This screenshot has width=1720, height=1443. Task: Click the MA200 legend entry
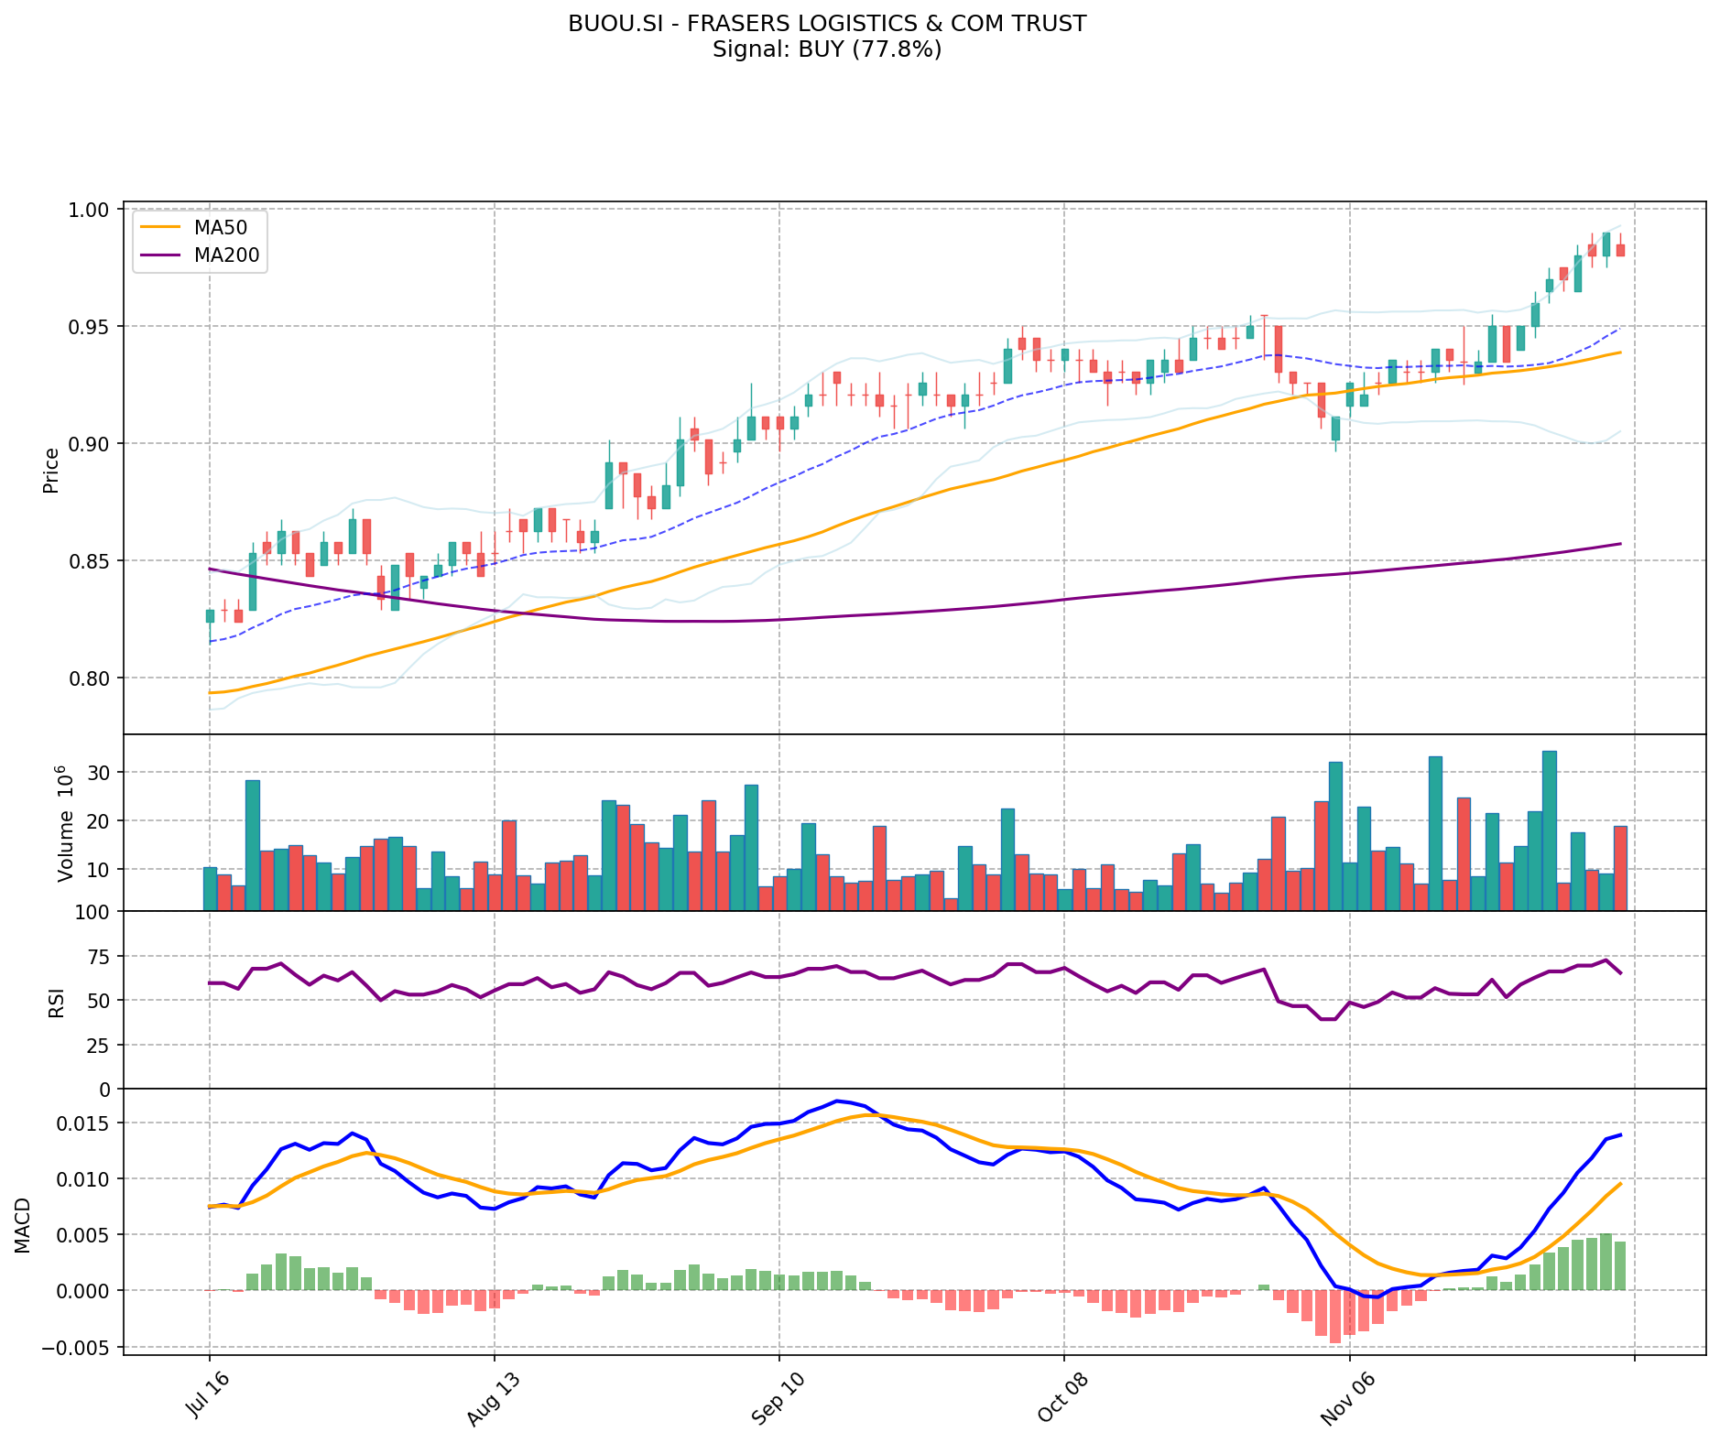click(227, 255)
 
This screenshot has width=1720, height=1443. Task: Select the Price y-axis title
click(51, 471)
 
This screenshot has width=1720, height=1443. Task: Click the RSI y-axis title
click(57, 1002)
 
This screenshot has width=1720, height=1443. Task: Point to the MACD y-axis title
click(23, 1225)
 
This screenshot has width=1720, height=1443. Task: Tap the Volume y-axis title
click(64, 824)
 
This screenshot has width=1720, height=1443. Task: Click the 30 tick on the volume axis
click(98, 773)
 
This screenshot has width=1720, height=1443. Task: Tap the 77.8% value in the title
click(893, 49)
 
